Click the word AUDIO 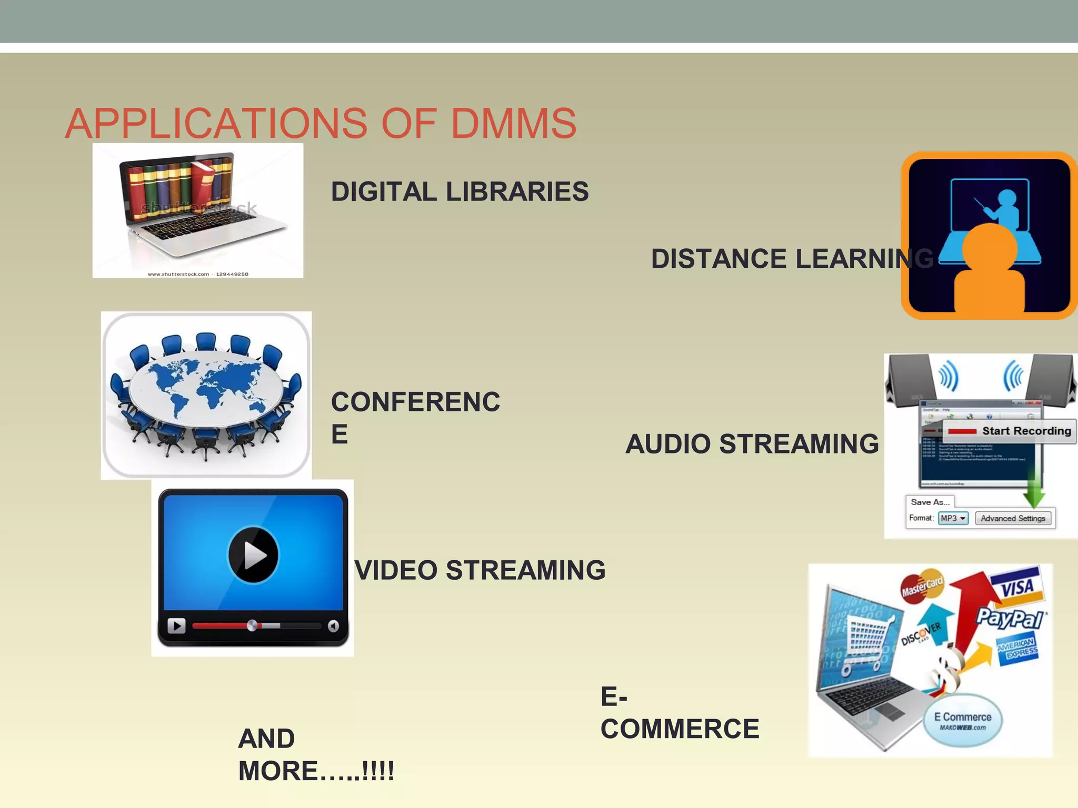pos(668,444)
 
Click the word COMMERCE pos(680,729)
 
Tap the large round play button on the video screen pos(253,554)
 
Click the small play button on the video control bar pos(176,625)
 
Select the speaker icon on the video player pos(333,625)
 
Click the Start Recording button pos(1010,431)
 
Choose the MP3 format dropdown pos(953,518)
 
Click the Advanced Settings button pos(1013,518)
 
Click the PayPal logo pos(1010,618)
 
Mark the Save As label pos(930,502)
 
